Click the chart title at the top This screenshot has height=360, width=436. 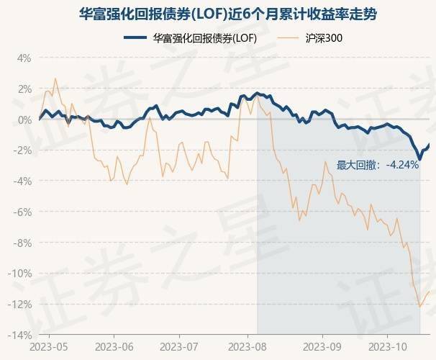point(218,14)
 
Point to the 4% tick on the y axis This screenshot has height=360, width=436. point(24,58)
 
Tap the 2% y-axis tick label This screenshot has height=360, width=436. point(24,89)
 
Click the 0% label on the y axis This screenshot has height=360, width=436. point(24,120)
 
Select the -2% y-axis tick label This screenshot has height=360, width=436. point(22,150)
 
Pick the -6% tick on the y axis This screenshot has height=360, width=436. point(22,212)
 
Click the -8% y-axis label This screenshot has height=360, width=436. point(22,243)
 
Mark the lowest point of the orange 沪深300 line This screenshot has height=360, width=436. point(419,307)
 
